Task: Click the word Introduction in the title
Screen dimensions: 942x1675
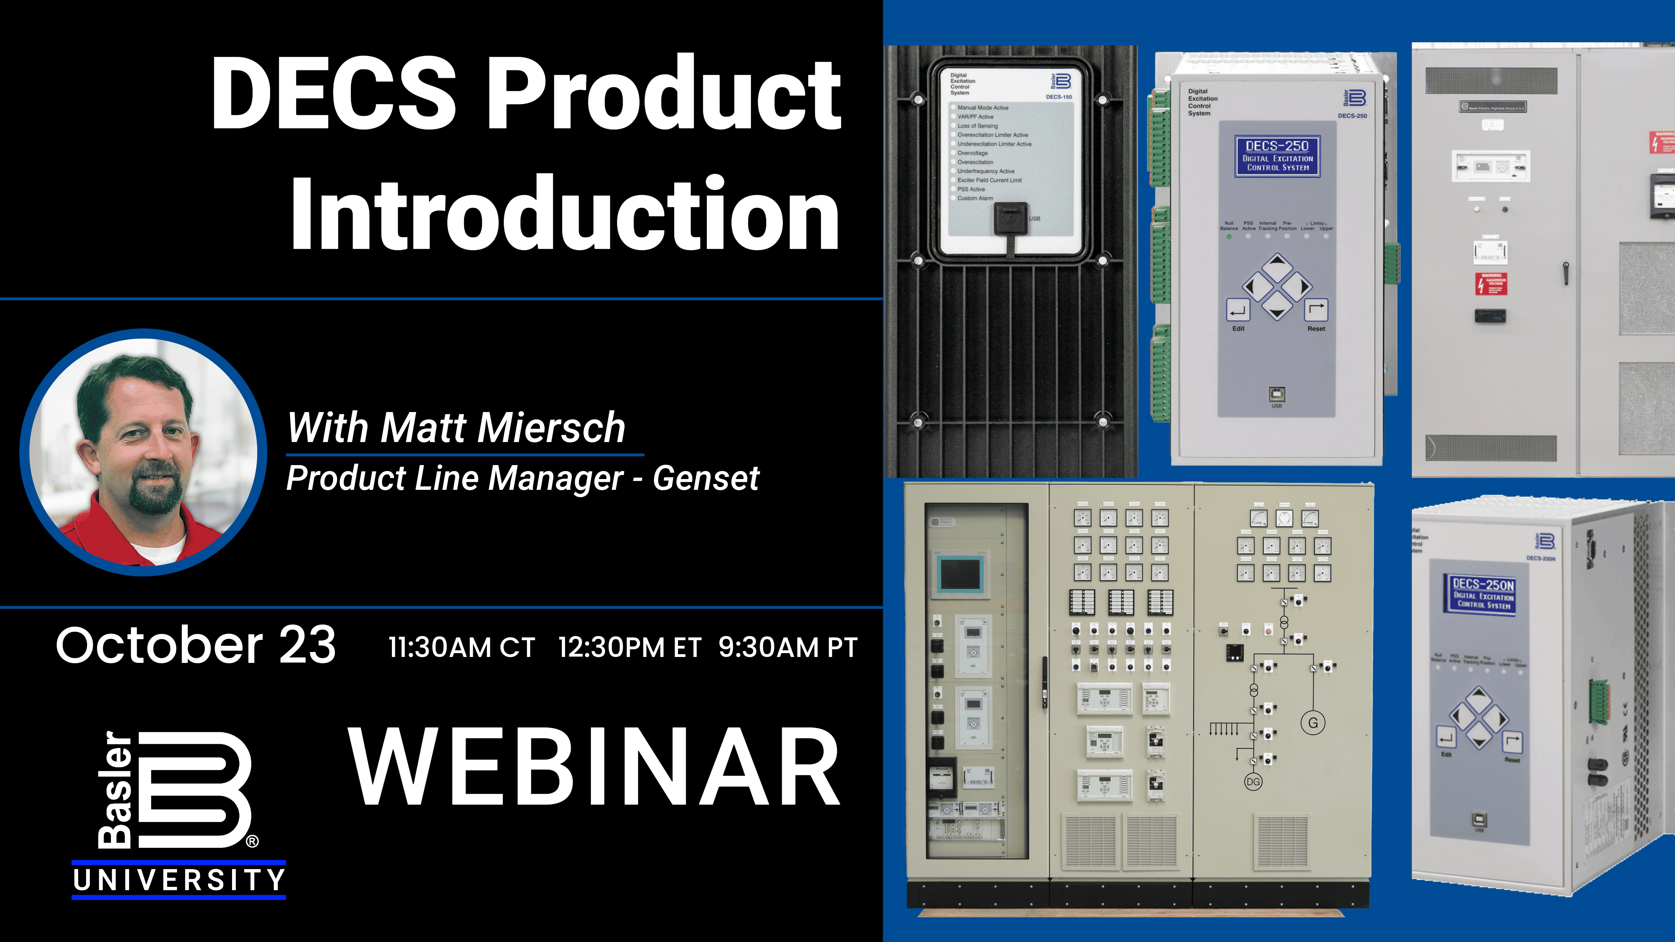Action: point(564,213)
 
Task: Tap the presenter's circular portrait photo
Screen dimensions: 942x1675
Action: point(143,452)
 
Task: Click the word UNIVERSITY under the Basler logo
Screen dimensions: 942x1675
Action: point(179,880)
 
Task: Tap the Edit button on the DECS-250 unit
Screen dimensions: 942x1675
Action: point(1238,311)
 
